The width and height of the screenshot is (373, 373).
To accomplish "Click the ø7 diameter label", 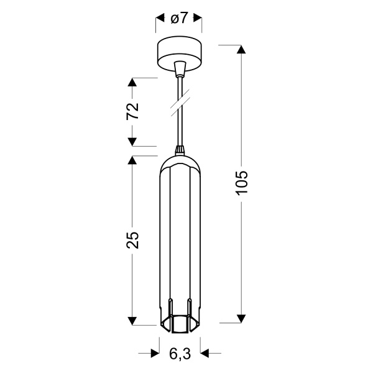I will [x=178, y=19].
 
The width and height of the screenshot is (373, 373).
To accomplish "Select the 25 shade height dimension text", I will [x=132, y=240].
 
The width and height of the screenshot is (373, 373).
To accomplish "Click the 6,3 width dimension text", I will [x=179, y=354].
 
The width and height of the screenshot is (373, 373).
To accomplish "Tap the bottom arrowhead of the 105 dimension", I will [x=241, y=318].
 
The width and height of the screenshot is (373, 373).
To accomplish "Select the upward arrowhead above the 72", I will [x=132, y=83].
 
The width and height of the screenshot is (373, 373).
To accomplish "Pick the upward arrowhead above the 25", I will [x=132, y=160].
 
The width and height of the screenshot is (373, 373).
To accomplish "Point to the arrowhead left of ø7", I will [x=159, y=19].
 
